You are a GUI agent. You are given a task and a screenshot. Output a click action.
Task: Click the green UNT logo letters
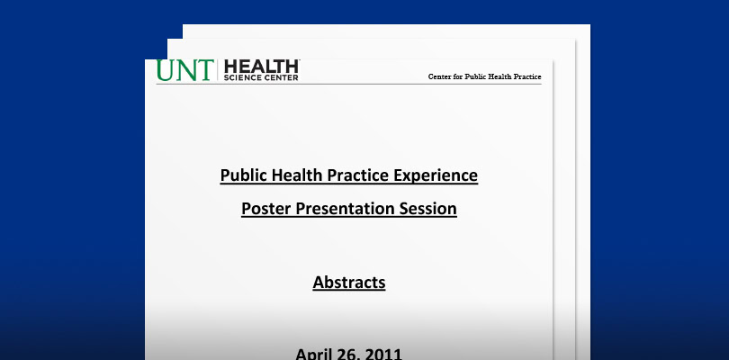[x=185, y=70]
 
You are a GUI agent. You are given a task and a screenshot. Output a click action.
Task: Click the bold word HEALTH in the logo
[x=261, y=67]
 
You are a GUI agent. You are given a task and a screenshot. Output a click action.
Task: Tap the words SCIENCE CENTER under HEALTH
[x=261, y=77]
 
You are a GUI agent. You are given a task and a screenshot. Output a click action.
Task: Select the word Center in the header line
[x=439, y=76]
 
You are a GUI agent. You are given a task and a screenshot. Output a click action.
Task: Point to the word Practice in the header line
[x=528, y=76]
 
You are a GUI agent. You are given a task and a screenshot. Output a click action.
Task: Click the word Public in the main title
[x=244, y=175]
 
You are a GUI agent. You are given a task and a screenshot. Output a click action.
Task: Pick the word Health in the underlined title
[x=297, y=175]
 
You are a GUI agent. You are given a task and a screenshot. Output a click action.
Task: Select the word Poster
[x=266, y=209]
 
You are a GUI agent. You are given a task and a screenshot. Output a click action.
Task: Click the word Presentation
[x=345, y=209]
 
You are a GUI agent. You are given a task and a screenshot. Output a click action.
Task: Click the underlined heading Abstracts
[x=349, y=283]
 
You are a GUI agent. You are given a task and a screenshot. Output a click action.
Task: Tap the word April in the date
[x=312, y=355]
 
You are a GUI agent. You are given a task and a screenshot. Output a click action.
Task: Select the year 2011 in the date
[x=383, y=355]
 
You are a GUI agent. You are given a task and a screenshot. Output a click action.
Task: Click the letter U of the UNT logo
[x=166, y=70]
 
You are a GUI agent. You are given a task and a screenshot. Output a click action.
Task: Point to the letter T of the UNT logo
[x=204, y=70]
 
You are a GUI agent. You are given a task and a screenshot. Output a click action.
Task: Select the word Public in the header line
[x=474, y=76]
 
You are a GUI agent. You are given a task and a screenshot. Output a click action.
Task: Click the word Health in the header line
[x=499, y=76]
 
